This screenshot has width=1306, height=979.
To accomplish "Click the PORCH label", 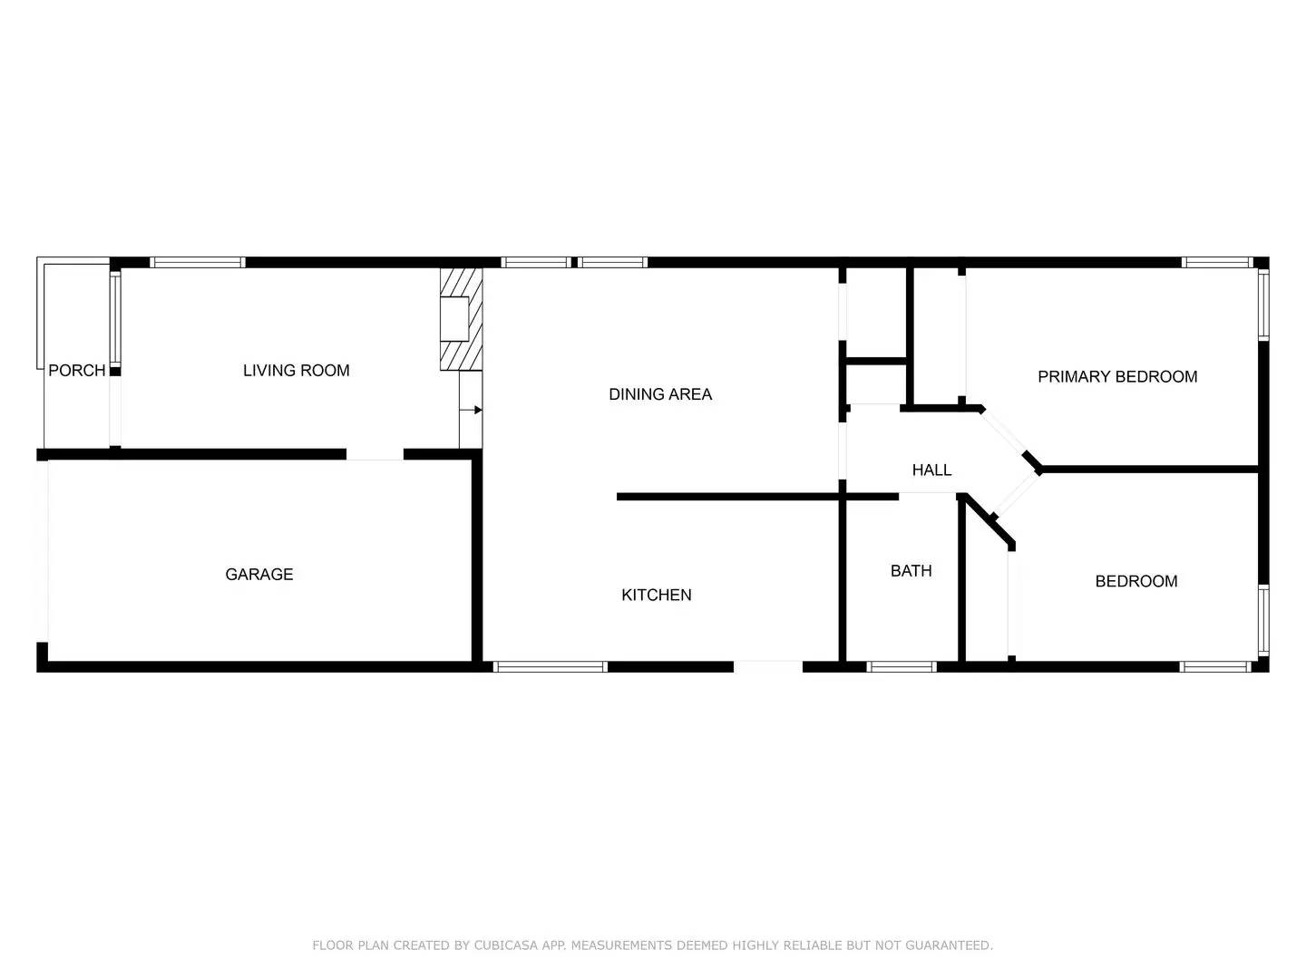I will (76, 370).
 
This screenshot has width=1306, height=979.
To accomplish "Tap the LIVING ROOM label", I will (296, 370).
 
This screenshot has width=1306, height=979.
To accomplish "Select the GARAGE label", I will (258, 574).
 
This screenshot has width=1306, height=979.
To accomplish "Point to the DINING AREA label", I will (659, 393).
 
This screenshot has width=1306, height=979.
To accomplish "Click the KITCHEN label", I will (656, 595).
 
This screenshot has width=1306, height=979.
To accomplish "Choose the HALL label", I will (931, 470).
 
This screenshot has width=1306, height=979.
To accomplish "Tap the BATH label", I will (911, 570).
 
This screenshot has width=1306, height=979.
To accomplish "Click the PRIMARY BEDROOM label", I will (1116, 376).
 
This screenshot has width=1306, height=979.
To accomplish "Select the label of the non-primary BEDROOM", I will (1135, 581).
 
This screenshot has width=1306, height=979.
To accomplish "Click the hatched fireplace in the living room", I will (461, 319).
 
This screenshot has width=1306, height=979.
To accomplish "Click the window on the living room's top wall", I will (198, 263).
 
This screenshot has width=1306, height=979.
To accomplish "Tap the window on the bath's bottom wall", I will (901, 666).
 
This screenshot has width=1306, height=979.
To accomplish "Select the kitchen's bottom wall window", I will (550, 666).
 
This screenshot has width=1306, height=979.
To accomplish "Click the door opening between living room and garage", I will (375, 454).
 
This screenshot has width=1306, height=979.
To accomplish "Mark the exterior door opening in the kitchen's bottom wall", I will (767, 666).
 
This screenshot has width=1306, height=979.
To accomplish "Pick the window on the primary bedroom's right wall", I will (1262, 305).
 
